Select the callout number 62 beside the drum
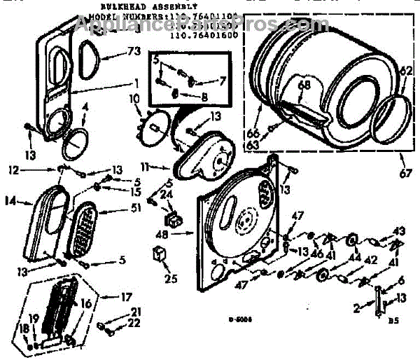pos(407,71)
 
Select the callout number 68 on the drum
pos(304,85)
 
